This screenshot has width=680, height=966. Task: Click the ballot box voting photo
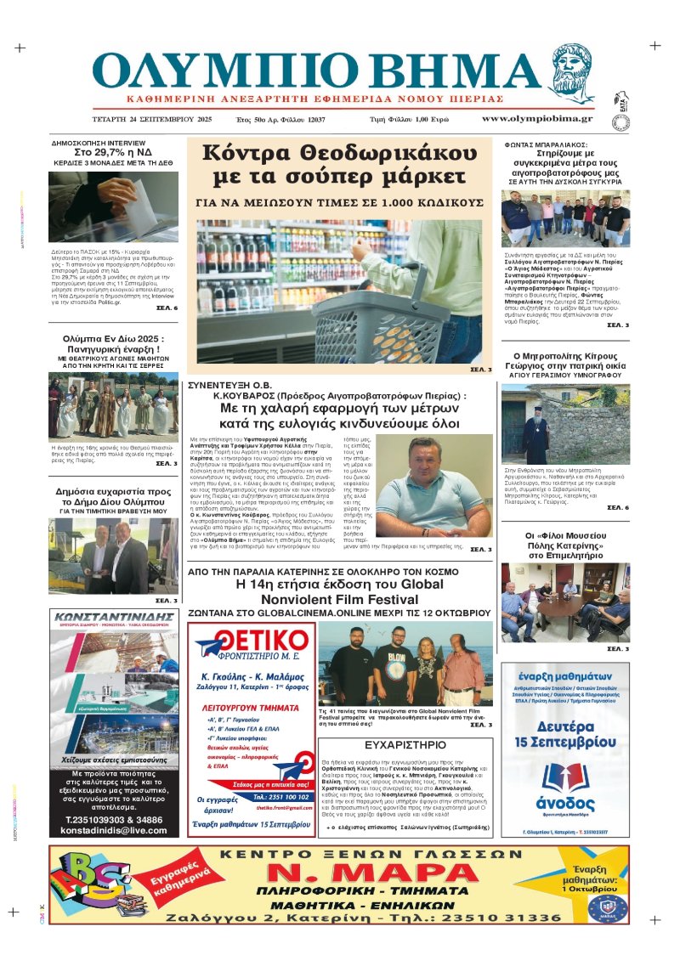(113, 207)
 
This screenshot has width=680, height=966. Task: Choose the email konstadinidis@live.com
(116, 830)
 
